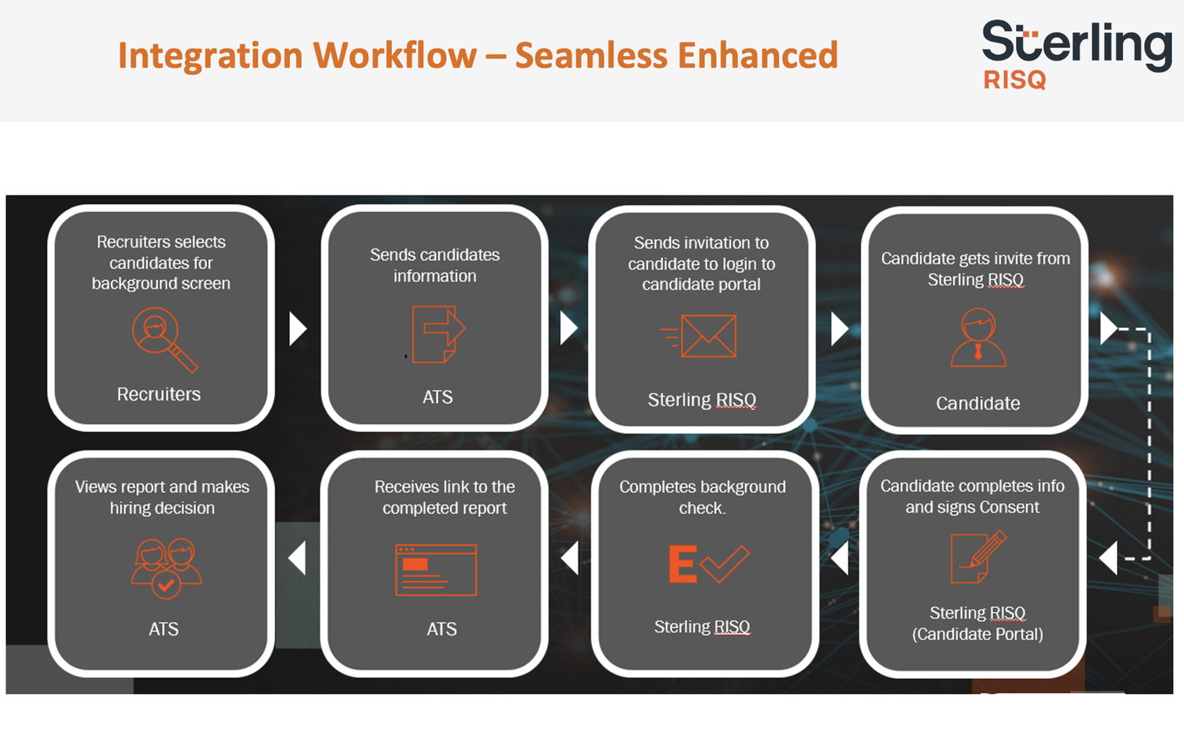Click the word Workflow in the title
[x=395, y=55]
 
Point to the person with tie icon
[x=978, y=338]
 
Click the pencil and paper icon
[x=978, y=557]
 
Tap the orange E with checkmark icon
[x=707, y=564]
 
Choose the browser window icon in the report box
[x=436, y=569]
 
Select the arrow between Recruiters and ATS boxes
[x=297, y=329]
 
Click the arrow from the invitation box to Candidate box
[x=839, y=329]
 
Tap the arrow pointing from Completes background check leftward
[x=570, y=558]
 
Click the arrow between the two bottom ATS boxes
[x=297, y=558]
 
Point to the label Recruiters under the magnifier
[x=159, y=394]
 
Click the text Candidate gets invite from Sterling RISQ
[x=976, y=269]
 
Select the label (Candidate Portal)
[x=977, y=634]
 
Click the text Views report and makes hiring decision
[x=162, y=498]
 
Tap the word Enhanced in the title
[x=757, y=55]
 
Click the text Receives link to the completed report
[x=444, y=498]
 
